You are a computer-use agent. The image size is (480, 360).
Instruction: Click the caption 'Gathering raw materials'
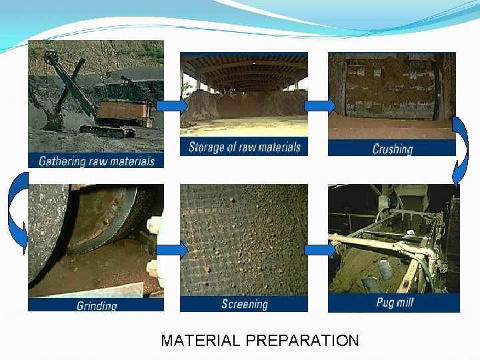click(96, 161)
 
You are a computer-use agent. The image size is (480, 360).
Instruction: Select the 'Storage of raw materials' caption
click(244, 147)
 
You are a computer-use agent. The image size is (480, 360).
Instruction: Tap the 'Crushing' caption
click(392, 149)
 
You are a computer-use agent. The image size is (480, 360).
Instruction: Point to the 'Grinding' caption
click(96, 305)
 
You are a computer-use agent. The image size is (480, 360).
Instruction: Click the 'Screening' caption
click(244, 304)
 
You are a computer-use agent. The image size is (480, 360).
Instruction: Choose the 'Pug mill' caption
click(394, 303)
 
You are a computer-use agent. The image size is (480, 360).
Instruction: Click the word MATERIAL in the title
click(200, 341)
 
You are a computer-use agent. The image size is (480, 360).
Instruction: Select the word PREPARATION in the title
click(301, 341)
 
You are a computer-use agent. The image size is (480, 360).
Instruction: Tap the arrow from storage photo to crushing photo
click(319, 106)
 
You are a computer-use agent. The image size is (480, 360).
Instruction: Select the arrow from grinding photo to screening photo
click(172, 251)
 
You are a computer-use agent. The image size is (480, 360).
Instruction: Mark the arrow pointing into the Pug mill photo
click(319, 251)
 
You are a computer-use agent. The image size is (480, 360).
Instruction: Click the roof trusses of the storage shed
click(244, 70)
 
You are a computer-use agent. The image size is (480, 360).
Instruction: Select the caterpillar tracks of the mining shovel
click(107, 131)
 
